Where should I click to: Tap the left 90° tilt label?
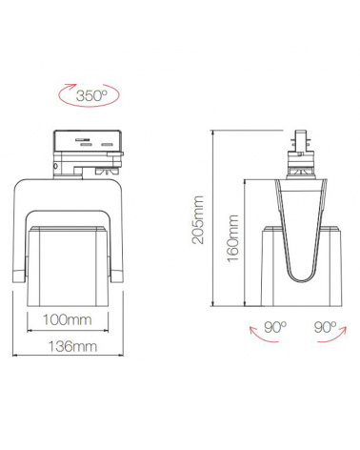pyautogui.click(x=275, y=327)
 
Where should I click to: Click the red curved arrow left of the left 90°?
pyautogui.click(x=253, y=334)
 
